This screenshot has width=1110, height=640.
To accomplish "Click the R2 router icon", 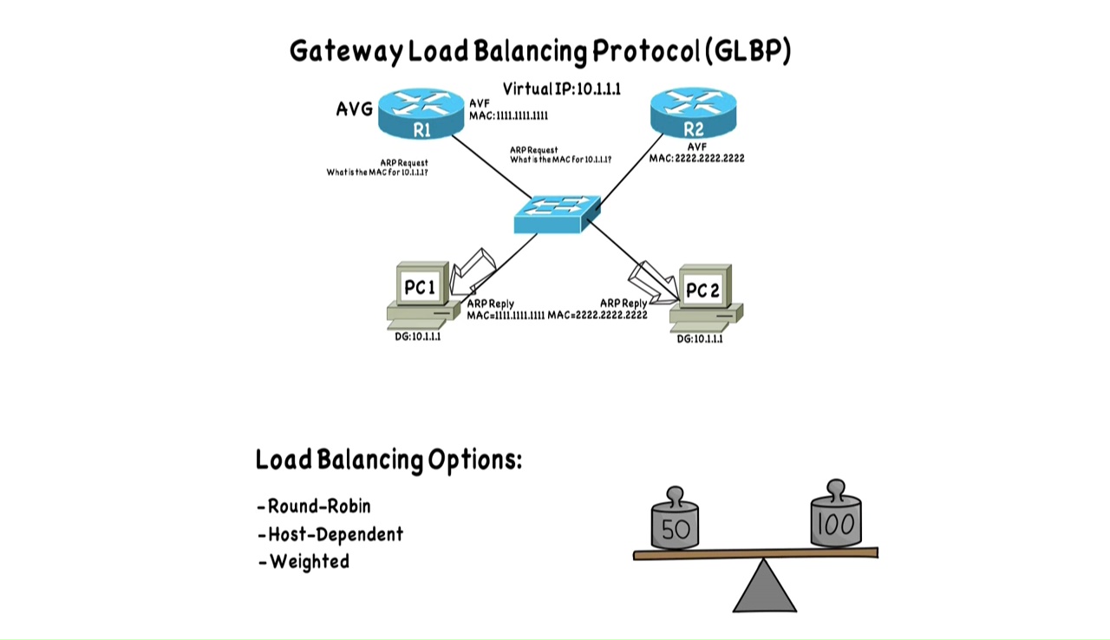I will coord(693,114).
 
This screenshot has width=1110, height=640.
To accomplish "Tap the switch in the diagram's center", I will coord(556,213).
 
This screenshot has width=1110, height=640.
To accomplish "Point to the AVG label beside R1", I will coord(354,109).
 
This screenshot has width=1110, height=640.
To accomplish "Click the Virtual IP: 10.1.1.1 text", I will coord(561,88).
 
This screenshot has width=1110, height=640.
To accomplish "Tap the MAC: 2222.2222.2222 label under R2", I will coord(696,159).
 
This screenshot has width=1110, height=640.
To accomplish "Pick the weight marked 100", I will coord(835,518).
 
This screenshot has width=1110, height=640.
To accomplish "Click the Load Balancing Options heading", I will coord(388,460).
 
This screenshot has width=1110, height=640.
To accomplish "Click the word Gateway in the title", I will coord(345,51).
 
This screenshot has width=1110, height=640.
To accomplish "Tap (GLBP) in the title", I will coord(748,50).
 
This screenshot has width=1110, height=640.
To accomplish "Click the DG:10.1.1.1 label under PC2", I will coord(700,339).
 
